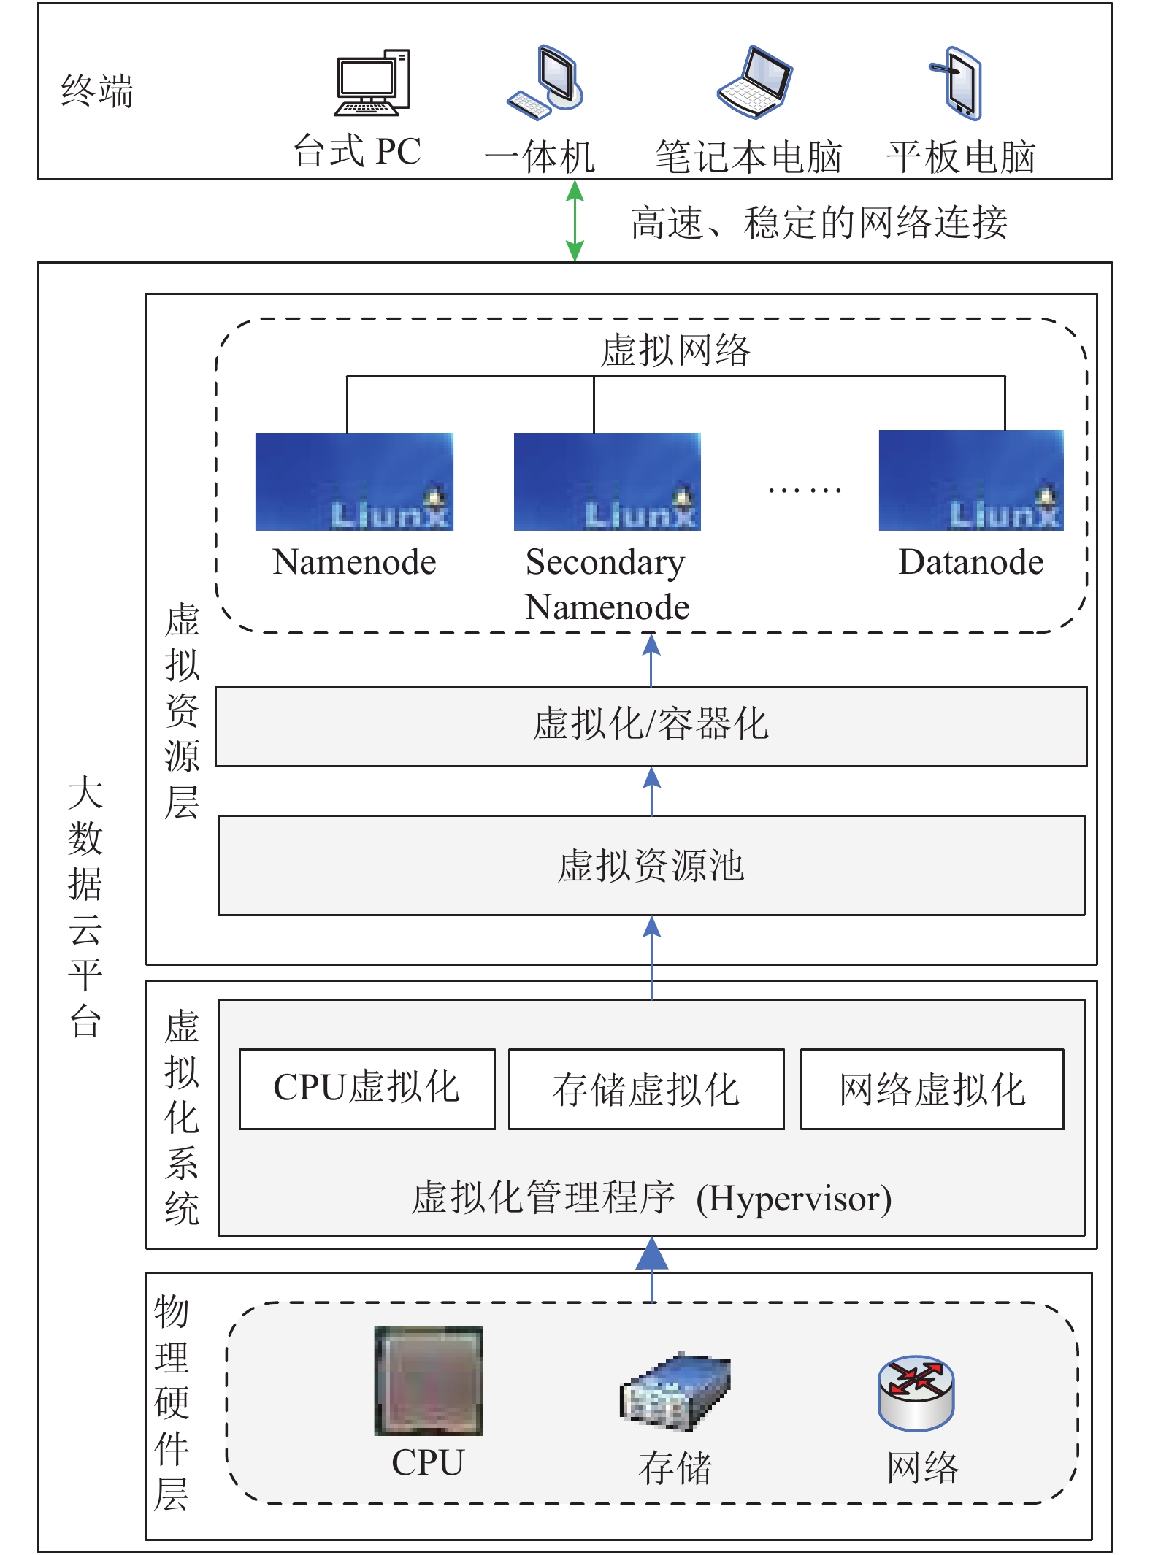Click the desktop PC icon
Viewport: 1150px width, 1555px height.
[372, 82]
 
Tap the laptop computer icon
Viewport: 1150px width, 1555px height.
[754, 82]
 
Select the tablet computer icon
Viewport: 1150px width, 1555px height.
[957, 82]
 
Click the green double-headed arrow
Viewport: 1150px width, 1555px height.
[575, 220]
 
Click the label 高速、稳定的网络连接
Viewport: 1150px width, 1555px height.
[819, 223]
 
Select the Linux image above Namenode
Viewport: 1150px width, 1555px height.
[354, 482]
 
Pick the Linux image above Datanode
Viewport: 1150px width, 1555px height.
[971, 480]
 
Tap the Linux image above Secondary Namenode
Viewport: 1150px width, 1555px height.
[607, 482]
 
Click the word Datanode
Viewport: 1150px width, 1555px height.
[971, 562]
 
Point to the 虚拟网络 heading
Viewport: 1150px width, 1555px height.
[675, 350]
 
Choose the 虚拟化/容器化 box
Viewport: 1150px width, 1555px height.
[651, 726]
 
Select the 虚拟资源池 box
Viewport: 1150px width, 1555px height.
[651, 865]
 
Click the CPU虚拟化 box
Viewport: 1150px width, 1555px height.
[367, 1089]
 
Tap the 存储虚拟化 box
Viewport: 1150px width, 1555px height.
[646, 1089]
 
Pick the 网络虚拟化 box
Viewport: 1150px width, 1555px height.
[932, 1089]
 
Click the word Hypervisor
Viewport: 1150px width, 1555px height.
[794, 1199]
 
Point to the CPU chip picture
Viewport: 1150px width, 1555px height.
[429, 1381]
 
